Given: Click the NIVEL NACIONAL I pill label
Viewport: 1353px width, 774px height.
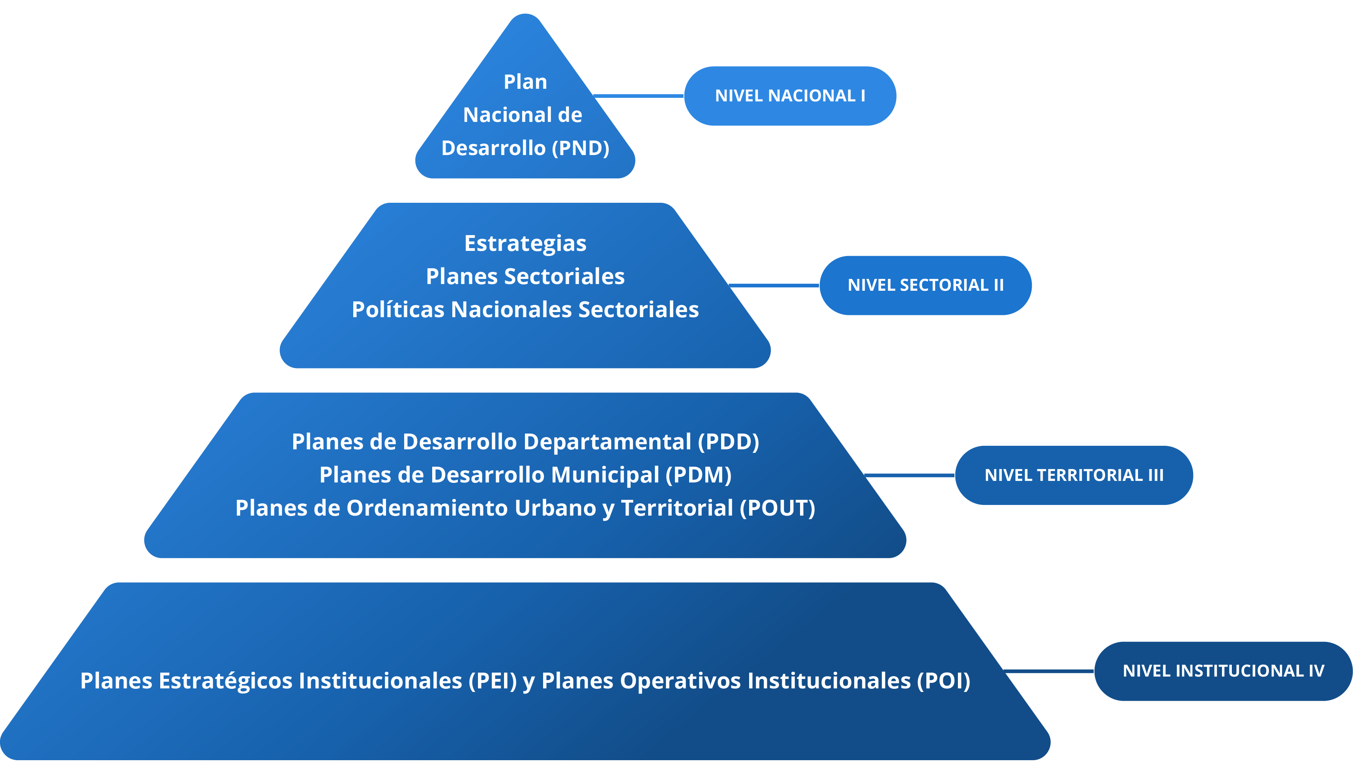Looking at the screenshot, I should coord(790,96).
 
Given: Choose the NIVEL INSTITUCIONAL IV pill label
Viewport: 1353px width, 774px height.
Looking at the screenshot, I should coord(1223,671).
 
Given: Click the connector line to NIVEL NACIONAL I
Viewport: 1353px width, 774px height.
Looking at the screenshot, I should coord(638,96).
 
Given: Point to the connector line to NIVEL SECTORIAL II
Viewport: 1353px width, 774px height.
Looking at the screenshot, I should coord(774,286).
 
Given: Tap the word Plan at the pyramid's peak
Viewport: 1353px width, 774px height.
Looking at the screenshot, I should coord(525,82).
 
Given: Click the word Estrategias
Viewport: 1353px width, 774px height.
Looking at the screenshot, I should coord(525,243).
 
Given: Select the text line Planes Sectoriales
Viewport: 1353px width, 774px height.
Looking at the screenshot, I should coord(525,277).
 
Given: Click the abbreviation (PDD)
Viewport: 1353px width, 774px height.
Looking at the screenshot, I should coord(729,442).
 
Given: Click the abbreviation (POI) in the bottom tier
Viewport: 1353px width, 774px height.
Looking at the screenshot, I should coord(943,681).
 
